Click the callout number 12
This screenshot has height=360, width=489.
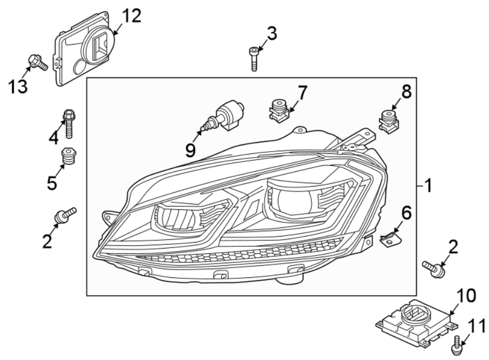[130, 16]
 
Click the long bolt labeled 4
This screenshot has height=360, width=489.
[69, 123]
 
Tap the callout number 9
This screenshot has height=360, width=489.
[190, 149]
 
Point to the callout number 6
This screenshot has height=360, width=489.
[406, 212]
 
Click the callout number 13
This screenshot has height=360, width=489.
[17, 85]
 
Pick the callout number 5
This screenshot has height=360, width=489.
[52, 183]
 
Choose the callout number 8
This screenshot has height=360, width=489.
[406, 91]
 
